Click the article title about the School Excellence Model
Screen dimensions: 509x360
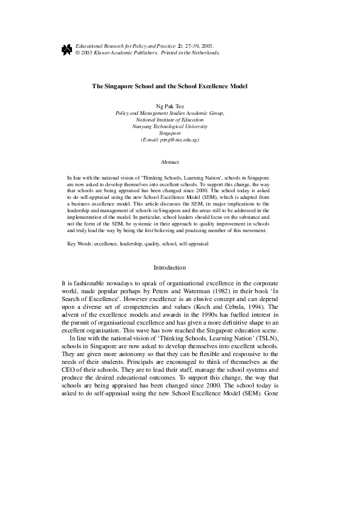coord(169,87)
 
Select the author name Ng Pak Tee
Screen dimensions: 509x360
coord(169,106)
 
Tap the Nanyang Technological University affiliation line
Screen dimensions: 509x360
coord(169,126)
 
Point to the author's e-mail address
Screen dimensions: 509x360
coord(169,140)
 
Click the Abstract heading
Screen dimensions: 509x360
coord(169,162)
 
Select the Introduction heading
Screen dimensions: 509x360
coord(169,267)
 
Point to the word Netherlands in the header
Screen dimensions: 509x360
coord(203,53)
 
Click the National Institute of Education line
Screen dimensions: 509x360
coord(169,120)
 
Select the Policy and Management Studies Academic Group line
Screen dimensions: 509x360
coord(169,113)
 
